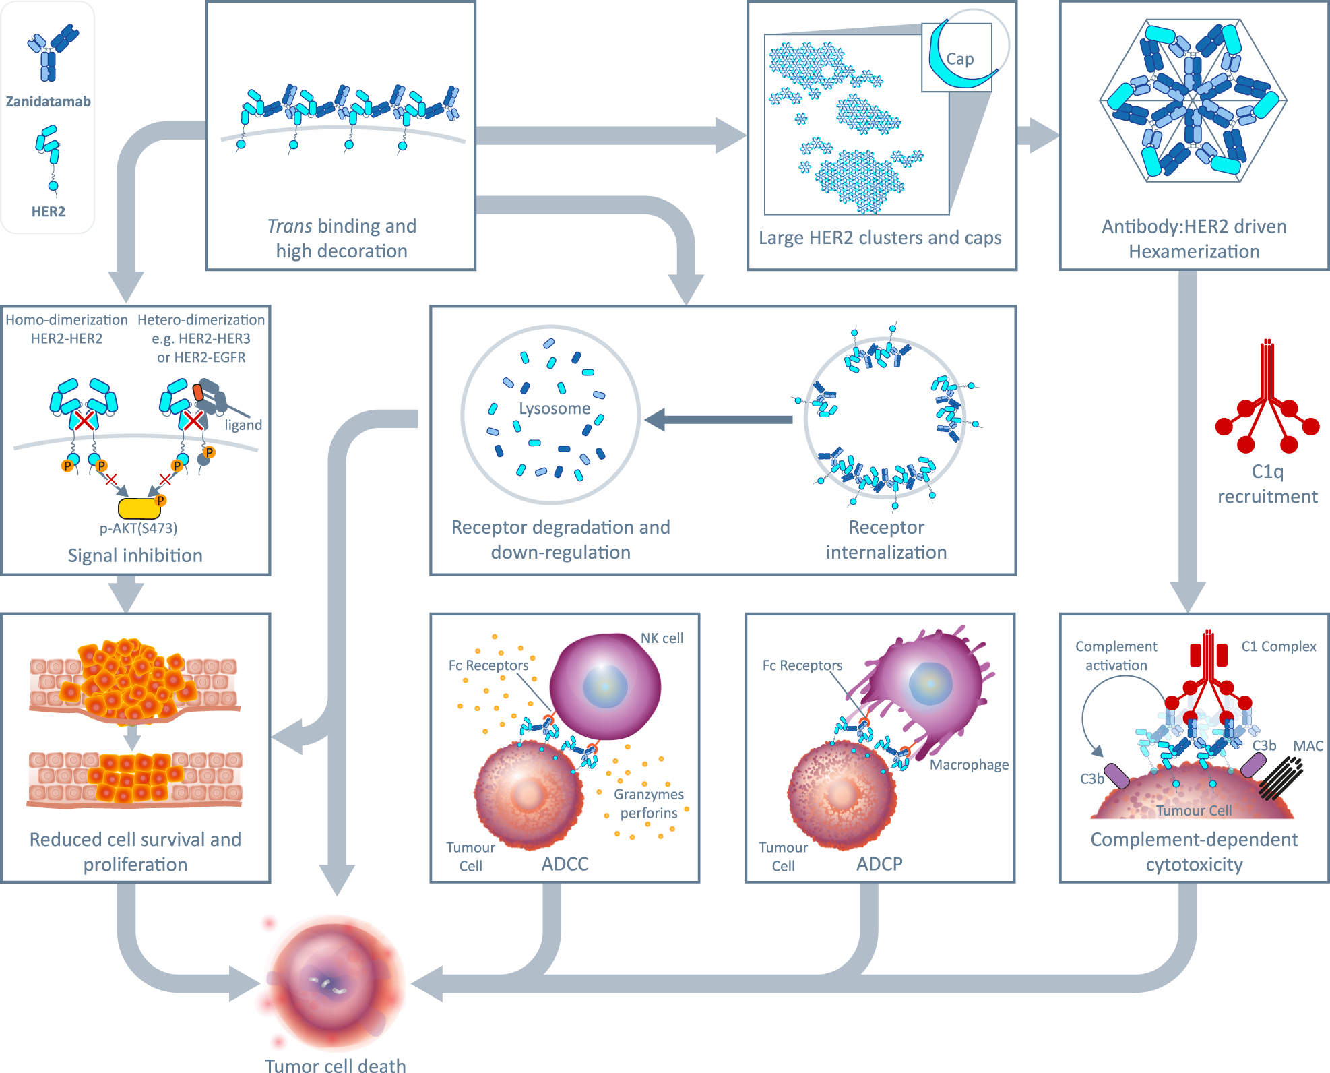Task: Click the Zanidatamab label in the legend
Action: [x=48, y=102]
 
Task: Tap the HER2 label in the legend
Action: [x=49, y=212]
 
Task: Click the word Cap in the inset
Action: [x=959, y=59]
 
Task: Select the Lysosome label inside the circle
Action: [x=555, y=408]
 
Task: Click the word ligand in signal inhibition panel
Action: [x=243, y=425]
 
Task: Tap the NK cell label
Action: [x=662, y=638]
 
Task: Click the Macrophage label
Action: [x=969, y=765]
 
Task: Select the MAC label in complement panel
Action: [x=1308, y=746]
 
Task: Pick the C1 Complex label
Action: [x=1278, y=646]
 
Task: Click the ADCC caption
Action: [x=565, y=864]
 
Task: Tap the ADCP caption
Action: [x=879, y=864]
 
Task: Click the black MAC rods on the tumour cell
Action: [x=1280, y=778]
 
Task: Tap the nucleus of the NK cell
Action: [x=605, y=686]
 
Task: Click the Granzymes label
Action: [x=648, y=795]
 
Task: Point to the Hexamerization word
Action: [x=1194, y=252]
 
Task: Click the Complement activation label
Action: [x=1116, y=656]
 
